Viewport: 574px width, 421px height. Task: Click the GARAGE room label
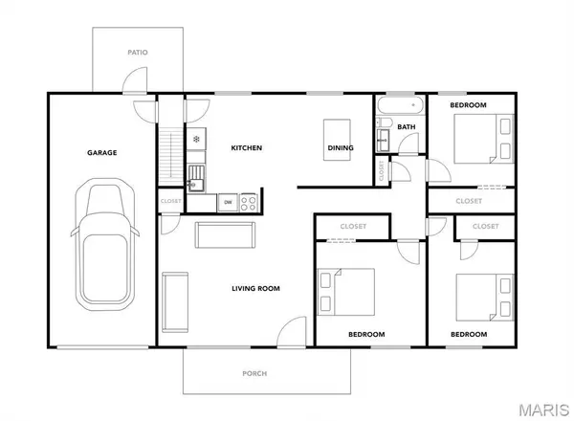coord(101,153)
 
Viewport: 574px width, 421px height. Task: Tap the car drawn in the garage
coord(105,244)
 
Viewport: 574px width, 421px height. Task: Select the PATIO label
coord(138,53)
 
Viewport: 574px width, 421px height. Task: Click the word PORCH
coord(254,374)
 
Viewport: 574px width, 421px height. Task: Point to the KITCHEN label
coord(247,148)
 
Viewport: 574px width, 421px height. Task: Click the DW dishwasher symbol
coord(228,202)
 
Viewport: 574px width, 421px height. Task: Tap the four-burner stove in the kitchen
coord(249,203)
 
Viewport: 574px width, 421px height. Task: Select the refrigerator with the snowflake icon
coord(196,139)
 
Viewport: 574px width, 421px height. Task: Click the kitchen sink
coord(196,178)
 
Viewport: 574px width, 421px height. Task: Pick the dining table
coord(337,140)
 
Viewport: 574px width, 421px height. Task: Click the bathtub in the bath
coord(400,105)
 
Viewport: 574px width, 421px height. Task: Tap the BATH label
coord(407,127)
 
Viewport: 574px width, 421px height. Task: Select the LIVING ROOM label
coord(255,288)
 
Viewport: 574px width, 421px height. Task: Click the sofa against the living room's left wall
coord(175,302)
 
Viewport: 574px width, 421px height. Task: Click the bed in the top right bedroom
coord(484,139)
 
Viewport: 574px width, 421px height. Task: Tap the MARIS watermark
coord(544,410)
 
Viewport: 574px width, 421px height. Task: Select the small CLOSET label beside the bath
coord(382,170)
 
